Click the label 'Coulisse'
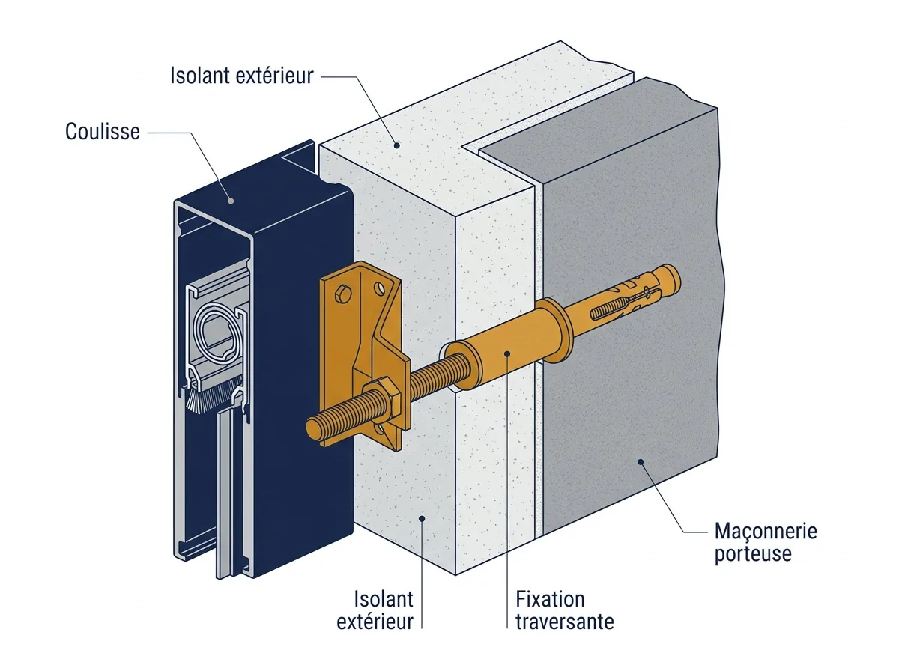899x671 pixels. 103,132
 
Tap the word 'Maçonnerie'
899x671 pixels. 766,532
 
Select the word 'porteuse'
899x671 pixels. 753,554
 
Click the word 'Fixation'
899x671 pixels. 550,599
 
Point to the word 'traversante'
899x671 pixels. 565,622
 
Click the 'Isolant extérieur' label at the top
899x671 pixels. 242,76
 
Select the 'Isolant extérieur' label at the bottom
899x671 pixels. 375,610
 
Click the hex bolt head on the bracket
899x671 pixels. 342,295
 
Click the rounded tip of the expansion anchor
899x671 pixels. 672,277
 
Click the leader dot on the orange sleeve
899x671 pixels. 507,353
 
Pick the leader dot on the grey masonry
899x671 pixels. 641,462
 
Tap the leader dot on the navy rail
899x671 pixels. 231,201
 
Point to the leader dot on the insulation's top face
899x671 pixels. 396,145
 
